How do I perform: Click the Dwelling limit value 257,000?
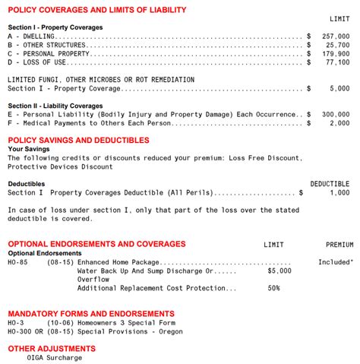click(x=335, y=36)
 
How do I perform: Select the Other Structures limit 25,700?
click(x=337, y=45)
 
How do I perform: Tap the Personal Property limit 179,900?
click(x=335, y=54)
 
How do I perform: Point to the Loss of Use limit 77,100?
click(x=337, y=63)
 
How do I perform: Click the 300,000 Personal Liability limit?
click(x=335, y=114)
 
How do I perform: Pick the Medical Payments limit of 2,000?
click(x=339, y=123)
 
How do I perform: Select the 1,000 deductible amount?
click(x=339, y=193)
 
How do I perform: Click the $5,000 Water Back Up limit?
click(x=279, y=270)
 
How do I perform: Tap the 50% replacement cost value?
click(x=273, y=288)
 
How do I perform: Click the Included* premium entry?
click(x=336, y=261)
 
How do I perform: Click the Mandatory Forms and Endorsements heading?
click(x=90, y=313)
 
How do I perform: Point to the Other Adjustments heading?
click(x=49, y=348)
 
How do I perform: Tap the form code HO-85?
click(x=17, y=261)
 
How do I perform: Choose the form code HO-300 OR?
click(x=24, y=331)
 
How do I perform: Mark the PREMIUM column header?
click(x=339, y=245)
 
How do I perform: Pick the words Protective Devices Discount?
click(x=60, y=166)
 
